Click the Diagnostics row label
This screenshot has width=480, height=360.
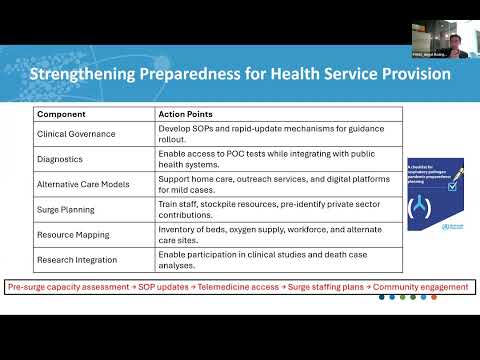coord(60,157)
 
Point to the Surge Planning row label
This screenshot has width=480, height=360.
coord(66,209)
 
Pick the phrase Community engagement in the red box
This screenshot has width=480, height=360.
coord(419,288)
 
